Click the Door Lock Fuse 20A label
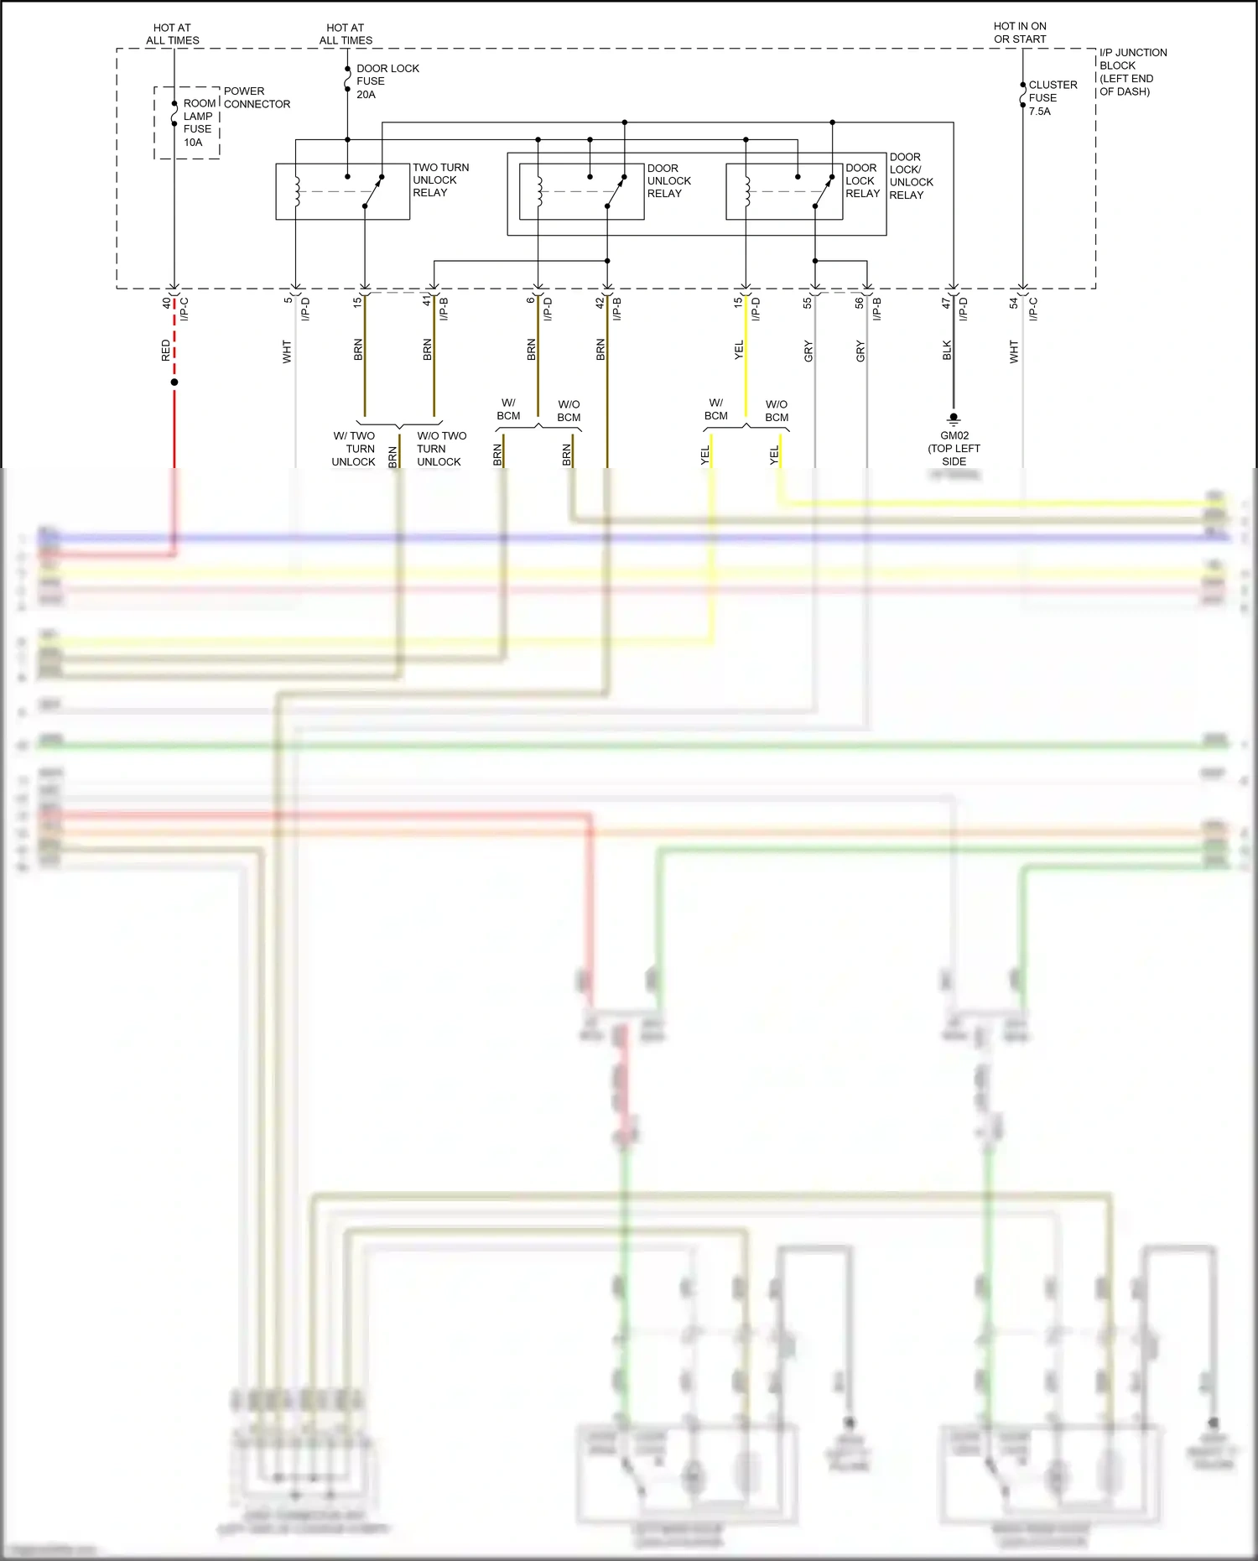(x=387, y=81)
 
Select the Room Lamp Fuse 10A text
(x=198, y=122)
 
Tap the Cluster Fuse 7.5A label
(x=1052, y=97)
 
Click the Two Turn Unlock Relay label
(x=440, y=180)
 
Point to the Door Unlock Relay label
(x=668, y=180)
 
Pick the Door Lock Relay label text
(x=862, y=180)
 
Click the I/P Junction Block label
(x=1131, y=71)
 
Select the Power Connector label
(x=257, y=97)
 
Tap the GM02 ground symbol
(x=954, y=418)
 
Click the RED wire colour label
(x=165, y=351)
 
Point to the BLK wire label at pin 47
(x=947, y=351)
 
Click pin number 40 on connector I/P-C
(x=166, y=302)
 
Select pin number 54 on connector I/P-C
(x=1013, y=302)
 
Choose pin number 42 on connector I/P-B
(x=600, y=303)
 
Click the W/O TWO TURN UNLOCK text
(x=440, y=449)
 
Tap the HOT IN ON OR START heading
(x=1020, y=33)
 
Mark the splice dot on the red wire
(x=174, y=382)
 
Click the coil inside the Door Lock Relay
(x=746, y=190)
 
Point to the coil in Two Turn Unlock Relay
(x=296, y=190)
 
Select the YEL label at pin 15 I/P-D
(x=739, y=351)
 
